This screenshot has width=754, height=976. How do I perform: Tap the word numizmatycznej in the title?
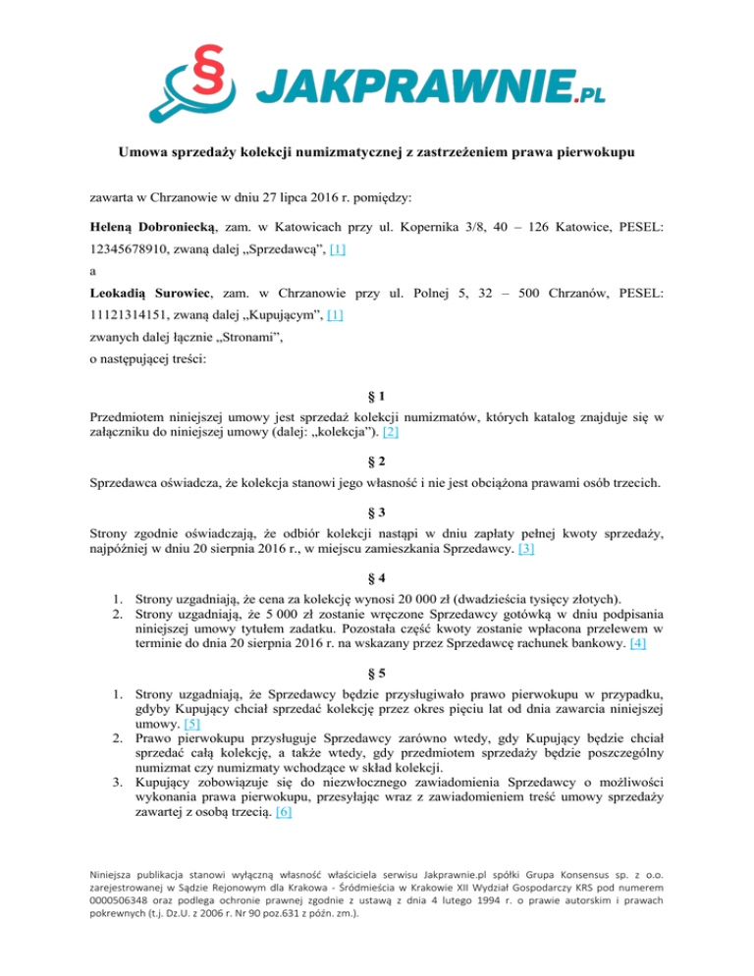tap(346, 153)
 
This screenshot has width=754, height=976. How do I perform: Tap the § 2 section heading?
tap(377, 461)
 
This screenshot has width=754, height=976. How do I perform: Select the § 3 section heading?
tap(377, 512)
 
